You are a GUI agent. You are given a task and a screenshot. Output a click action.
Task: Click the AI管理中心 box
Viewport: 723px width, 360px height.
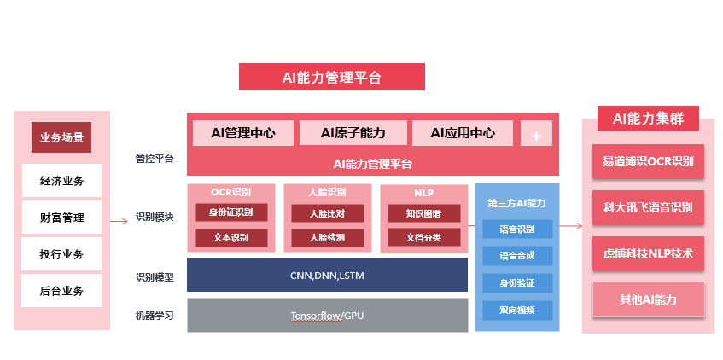point(243,133)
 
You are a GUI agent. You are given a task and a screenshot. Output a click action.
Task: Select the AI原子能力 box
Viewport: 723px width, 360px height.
point(353,133)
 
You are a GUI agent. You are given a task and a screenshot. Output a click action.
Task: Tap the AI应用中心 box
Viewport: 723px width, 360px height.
point(463,133)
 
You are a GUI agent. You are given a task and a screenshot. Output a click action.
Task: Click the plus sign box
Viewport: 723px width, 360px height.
point(536,134)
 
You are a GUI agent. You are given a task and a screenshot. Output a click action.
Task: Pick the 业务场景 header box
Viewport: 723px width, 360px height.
point(61,137)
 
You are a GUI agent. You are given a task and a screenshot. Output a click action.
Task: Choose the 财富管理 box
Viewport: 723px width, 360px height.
point(61,218)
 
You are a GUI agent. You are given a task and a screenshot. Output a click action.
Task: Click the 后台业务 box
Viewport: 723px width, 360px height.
point(61,291)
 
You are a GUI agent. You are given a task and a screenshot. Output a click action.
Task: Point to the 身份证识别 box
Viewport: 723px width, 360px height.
point(231,212)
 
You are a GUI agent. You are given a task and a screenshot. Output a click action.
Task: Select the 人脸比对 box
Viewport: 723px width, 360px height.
point(328,212)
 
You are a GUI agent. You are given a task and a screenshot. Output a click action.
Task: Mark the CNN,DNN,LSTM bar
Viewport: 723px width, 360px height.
point(327,275)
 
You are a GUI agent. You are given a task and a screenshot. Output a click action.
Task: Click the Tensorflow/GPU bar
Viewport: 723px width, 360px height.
point(327,316)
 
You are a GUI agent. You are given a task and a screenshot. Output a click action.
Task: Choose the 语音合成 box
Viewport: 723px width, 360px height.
point(517,255)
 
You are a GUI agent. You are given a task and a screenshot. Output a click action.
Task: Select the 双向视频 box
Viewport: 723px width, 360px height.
point(517,310)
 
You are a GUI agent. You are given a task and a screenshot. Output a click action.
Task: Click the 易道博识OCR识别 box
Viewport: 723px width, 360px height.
point(649,161)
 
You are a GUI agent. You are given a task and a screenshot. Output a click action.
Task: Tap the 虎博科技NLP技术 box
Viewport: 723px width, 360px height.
point(649,253)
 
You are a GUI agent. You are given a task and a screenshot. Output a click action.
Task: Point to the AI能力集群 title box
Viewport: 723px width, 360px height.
point(649,119)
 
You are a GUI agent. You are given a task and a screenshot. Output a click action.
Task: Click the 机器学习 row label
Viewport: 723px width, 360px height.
point(154,316)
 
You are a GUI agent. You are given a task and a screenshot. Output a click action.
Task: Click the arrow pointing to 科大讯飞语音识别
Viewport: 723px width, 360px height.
point(571,226)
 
